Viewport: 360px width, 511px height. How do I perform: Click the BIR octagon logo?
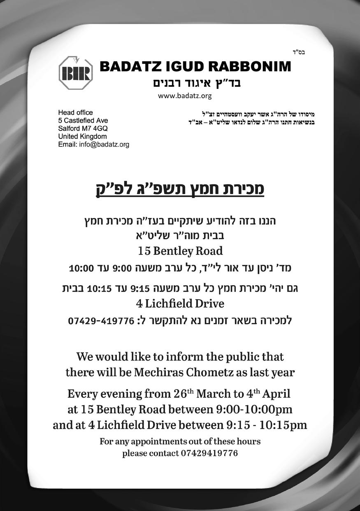pos(76,73)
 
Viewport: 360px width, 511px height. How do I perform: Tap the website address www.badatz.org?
pos(185,96)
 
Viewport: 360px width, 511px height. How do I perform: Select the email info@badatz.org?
pos(104,144)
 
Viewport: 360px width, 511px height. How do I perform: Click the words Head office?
pos(76,112)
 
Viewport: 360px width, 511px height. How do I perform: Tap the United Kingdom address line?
pos(83,136)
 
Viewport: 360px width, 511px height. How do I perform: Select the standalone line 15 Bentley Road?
pos(180,250)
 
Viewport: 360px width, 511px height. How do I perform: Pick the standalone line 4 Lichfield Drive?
pos(180,304)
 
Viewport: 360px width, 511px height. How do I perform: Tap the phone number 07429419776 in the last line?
pos(209,453)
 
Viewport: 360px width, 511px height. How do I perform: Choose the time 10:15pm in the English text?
pos(283,425)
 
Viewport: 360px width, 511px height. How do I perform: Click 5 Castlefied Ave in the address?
pos(83,120)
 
